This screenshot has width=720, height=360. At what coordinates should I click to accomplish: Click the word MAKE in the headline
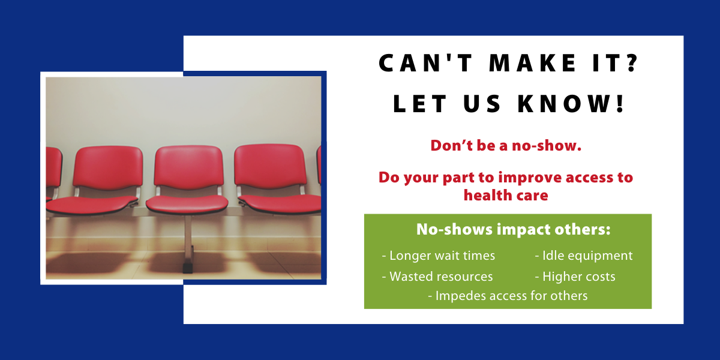(x=532, y=63)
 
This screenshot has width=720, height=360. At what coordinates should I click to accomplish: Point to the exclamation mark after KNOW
(x=620, y=103)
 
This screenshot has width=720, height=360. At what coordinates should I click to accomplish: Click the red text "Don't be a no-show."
(x=506, y=146)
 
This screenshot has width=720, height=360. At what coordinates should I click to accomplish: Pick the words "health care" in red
(x=506, y=196)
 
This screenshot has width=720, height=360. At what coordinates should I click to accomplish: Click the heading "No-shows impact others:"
(x=514, y=229)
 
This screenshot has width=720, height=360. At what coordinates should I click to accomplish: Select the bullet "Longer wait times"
(x=439, y=256)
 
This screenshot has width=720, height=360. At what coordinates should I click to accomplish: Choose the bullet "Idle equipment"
(x=584, y=256)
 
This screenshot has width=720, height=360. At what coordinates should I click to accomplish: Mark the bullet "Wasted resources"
(x=437, y=277)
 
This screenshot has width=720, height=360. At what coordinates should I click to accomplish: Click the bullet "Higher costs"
(x=575, y=277)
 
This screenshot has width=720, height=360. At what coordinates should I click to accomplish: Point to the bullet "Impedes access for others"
(x=508, y=296)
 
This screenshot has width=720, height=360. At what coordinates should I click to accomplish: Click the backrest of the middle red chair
(x=188, y=167)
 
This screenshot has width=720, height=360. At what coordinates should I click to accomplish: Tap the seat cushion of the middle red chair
(x=187, y=205)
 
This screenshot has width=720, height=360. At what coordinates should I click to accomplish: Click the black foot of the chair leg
(x=188, y=268)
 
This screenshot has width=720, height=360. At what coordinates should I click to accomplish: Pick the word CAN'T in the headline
(x=425, y=63)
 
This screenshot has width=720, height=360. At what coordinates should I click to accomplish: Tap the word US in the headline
(x=482, y=103)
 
